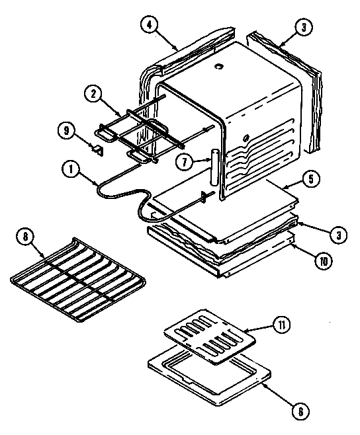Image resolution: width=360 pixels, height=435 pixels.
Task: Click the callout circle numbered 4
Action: point(153,24)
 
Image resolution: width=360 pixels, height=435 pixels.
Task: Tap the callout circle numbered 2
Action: point(97,95)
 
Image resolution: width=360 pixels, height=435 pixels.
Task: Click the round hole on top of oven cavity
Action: point(218,66)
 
